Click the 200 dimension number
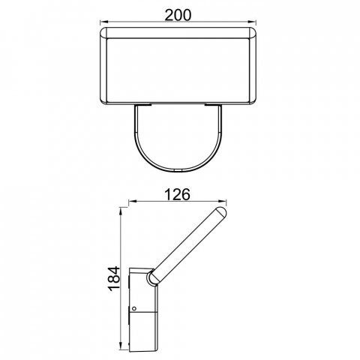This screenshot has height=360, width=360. click(178, 15)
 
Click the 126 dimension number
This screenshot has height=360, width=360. click(178, 194)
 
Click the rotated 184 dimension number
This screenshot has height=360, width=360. click(114, 278)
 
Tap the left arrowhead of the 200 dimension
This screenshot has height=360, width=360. click(103, 22)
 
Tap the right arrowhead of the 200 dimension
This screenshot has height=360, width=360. click(253, 22)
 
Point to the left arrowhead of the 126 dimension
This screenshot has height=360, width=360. click(132, 201)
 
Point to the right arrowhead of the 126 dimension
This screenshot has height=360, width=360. click(223, 201)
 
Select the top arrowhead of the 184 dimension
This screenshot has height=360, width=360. click(121, 211)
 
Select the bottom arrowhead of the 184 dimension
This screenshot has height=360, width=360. click(121, 347)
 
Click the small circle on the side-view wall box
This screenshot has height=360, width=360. click(134, 308)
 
